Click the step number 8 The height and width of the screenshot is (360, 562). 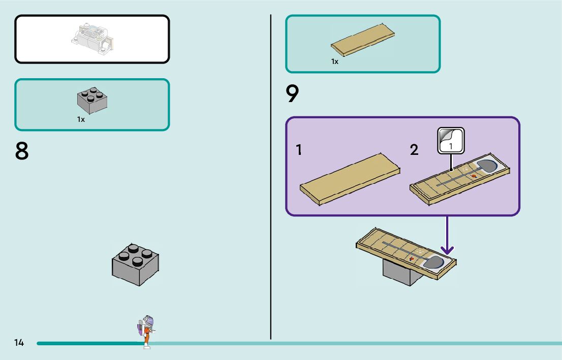(21, 151)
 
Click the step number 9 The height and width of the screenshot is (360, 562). (292, 93)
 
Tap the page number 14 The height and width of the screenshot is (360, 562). (19, 343)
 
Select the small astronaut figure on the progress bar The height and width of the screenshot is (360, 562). (146, 332)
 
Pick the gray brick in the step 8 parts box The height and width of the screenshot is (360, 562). (92, 101)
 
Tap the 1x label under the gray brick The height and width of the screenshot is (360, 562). (81, 119)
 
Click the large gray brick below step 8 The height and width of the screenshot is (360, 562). (136, 265)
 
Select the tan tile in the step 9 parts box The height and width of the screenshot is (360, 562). (363, 40)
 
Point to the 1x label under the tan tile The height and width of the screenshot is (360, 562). (335, 61)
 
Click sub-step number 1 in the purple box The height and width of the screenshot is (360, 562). (299, 150)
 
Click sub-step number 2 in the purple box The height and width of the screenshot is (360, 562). (414, 150)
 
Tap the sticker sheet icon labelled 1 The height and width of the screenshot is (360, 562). (451, 141)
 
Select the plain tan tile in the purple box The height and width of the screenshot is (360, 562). (350, 180)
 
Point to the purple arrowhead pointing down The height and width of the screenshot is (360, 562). (447, 249)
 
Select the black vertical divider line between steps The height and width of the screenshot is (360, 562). (271, 177)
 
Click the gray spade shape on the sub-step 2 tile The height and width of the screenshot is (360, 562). (487, 166)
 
